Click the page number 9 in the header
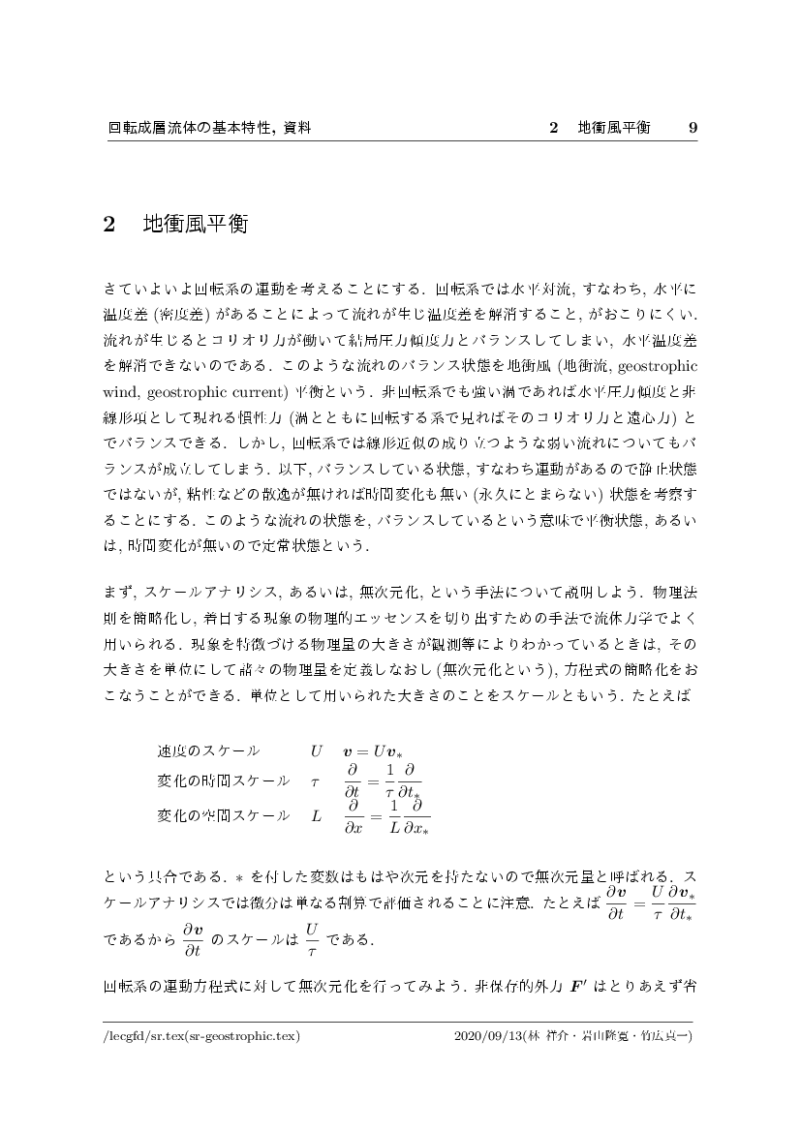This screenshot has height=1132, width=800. [692, 128]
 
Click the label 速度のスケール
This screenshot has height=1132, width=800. [208, 750]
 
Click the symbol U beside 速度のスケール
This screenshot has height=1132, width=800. [316, 750]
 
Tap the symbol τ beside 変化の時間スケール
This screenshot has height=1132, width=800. [314, 781]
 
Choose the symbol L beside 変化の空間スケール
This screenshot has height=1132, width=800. [316, 816]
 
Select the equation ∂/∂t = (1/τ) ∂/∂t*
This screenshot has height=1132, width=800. [383, 781]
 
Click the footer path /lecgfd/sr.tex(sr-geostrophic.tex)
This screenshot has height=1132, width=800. [203, 1035]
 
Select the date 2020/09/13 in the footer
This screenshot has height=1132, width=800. [486, 1035]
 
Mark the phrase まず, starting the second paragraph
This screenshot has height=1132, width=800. [121, 592]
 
